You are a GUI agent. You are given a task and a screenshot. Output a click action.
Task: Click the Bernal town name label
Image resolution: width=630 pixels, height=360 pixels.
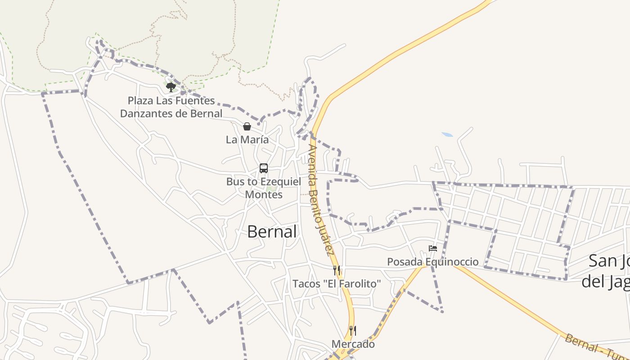click(272, 232)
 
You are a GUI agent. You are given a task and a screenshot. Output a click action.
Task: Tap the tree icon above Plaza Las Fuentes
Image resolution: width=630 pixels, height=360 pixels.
click(171, 87)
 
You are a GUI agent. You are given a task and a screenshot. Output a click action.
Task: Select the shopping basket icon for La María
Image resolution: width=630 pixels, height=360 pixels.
click(247, 126)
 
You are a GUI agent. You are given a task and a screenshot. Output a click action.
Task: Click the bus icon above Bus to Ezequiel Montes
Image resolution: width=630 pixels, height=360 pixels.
click(264, 168)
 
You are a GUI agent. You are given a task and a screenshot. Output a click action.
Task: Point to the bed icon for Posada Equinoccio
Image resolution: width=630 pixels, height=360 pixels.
click(433, 248)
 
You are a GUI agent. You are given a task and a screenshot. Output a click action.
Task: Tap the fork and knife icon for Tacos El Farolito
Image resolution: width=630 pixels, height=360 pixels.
click(337, 270)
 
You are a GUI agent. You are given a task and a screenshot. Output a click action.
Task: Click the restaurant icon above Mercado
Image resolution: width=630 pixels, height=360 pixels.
click(353, 331)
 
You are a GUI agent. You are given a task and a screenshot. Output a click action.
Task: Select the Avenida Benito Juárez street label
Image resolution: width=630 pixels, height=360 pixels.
click(321, 200)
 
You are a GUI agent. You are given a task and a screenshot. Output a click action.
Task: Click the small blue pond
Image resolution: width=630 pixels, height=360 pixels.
click(447, 135)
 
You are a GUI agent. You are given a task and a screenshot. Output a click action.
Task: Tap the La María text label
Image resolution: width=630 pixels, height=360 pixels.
click(247, 139)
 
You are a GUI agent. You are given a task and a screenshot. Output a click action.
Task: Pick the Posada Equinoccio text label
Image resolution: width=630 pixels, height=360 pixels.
click(433, 262)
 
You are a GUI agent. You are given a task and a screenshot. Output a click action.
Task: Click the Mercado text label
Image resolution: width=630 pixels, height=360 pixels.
click(353, 344)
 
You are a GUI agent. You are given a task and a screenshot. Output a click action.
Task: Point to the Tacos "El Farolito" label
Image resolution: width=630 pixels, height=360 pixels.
click(337, 284)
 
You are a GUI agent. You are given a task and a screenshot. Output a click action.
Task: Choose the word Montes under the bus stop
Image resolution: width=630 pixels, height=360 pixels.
click(264, 194)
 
